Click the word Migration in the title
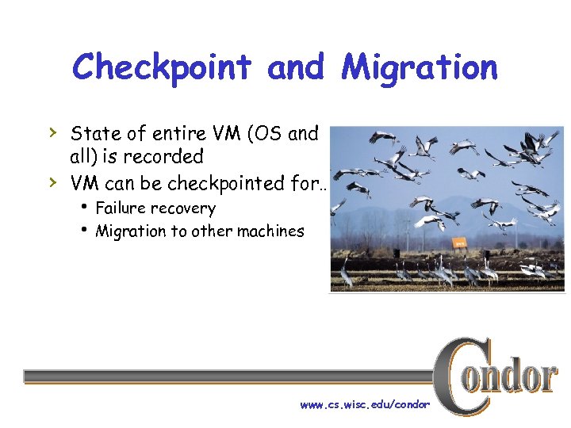(420, 68)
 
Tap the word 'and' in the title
(297, 68)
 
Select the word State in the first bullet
(95, 133)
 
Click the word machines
(266, 231)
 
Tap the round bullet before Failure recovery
(84, 207)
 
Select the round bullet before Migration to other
(84, 230)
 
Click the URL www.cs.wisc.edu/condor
(365, 405)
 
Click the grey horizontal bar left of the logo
(230, 376)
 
